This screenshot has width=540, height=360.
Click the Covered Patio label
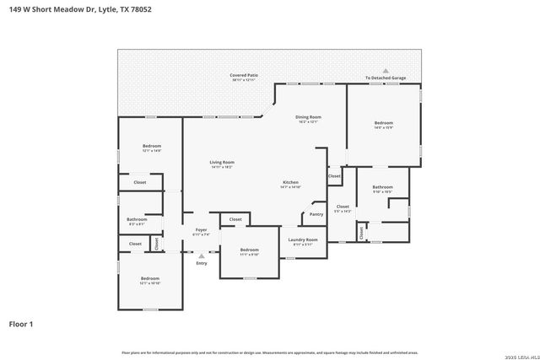tap(244, 76)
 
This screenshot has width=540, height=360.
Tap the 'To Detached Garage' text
tap(386, 78)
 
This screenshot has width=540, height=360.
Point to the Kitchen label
tap(290, 182)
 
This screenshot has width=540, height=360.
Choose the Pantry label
tap(316, 214)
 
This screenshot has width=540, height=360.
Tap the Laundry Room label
tap(302, 239)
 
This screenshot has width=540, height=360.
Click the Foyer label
tap(201, 229)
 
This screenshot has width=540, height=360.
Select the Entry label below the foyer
tap(201, 264)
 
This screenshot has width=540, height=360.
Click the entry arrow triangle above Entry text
tap(201, 255)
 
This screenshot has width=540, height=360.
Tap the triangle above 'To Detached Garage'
tap(386, 71)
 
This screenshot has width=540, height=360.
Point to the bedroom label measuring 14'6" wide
tap(384, 123)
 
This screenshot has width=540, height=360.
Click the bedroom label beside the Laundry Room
tap(249, 250)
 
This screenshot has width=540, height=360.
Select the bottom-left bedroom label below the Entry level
tap(149, 278)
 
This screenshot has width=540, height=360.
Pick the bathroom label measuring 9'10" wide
tap(382, 187)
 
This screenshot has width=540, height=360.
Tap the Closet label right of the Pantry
tap(343, 207)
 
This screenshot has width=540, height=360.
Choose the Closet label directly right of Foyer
tap(235, 219)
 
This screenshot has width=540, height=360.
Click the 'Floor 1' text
tap(21, 324)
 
